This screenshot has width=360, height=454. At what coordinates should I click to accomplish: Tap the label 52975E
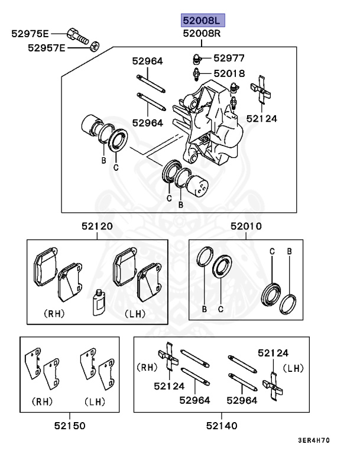click(x=31, y=34)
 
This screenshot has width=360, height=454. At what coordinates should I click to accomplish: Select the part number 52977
click(x=229, y=58)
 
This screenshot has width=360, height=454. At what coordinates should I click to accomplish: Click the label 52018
click(x=229, y=73)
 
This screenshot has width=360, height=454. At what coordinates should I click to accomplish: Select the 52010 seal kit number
click(x=246, y=226)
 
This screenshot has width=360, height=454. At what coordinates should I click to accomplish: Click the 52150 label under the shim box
click(x=70, y=425)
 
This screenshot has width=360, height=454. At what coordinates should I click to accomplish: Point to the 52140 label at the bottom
click(x=222, y=425)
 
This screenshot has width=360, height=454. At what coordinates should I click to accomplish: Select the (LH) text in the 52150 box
click(x=94, y=402)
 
